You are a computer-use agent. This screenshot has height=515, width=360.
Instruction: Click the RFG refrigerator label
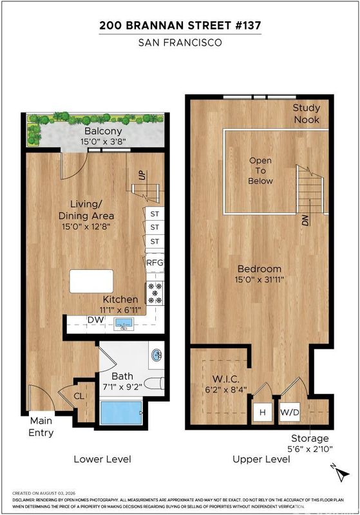pos(155,263)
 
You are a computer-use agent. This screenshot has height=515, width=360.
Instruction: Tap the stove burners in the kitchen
pos(155,293)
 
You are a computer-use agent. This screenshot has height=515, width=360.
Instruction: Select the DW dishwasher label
pos(95,319)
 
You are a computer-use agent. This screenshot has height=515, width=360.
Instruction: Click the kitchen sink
pos(124,324)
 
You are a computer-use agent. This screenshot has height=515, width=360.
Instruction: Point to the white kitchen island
pos(91,281)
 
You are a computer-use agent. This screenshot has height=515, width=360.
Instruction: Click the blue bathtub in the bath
pos(121,412)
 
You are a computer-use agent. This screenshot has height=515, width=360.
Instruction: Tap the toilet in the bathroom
pos(154,384)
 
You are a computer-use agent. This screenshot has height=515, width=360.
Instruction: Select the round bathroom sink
pos(156,355)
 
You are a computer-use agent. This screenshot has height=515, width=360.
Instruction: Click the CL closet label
pos(79,396)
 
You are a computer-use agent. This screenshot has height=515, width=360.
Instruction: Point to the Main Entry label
pos(41,427)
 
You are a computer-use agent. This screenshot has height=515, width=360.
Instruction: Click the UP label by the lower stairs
pos(142,175)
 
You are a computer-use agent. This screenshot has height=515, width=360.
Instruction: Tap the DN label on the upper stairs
pos(305,220)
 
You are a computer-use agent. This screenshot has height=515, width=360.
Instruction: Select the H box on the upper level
pos(263,412)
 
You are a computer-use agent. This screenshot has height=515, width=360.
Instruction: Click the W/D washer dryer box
pos(290,412)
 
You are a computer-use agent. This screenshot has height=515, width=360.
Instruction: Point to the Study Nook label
pos(307,114)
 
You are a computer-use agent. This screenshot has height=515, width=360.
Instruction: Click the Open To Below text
pos(260,171)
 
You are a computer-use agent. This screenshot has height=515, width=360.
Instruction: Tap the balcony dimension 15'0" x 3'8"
pos(103,142)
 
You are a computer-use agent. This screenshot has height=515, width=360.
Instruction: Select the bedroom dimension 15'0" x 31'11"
pos(259,280)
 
